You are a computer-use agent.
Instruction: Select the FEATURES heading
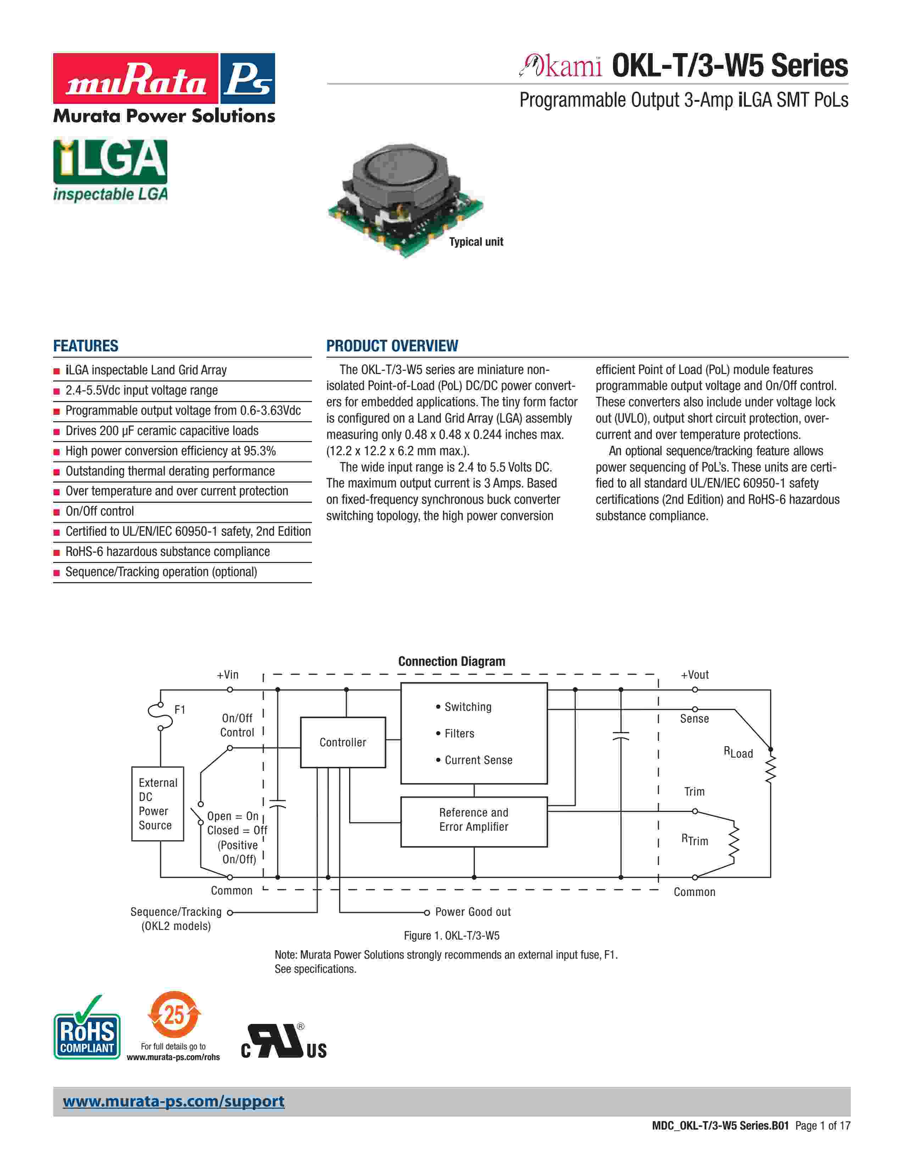[86, 346]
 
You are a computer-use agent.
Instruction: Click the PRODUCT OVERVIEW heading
[392, 346]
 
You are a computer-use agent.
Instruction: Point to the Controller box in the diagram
[343, 742]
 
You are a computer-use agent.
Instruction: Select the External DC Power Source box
[157, 803]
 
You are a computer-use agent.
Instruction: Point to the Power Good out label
[473, 912]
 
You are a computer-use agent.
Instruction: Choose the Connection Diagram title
[451, 662]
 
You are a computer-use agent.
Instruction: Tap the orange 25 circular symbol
[173, 1015]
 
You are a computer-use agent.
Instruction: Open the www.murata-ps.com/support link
[173, 1102]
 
